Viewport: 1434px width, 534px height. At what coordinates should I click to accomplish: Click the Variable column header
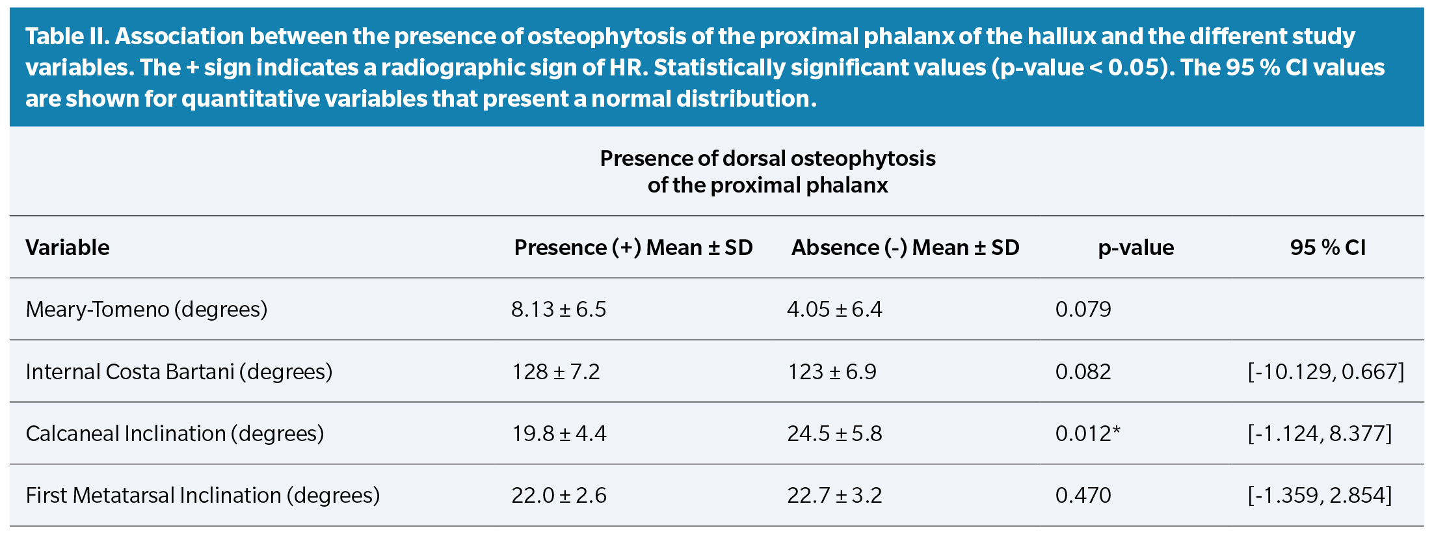[x=68, y=248]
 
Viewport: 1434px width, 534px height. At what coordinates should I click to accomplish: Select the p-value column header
[x=1135, y=248]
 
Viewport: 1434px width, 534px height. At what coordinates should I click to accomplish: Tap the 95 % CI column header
[x=1327, y=248]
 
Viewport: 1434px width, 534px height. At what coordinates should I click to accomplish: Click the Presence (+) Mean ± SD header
[x=633, y=248]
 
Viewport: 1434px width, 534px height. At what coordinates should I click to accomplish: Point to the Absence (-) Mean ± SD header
[x=905, y=248]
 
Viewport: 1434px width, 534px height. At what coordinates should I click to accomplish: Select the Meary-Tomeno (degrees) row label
[x=146, y=310]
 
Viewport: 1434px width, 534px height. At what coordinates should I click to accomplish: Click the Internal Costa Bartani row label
[x=179, y=372]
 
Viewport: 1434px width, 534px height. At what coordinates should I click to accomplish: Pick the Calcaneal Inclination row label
[x=174, y=434]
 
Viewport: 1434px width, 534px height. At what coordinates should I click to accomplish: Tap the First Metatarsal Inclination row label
[x=202, y=496]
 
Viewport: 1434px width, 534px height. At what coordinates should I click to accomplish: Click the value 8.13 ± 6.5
[x=558, y=310]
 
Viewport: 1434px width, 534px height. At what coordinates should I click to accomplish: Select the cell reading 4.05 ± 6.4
[x=834, y=310]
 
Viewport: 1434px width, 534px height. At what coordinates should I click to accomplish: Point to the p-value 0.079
[x=1083, y=310]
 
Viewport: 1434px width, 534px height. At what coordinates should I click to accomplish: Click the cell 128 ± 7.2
[x=556, y=372]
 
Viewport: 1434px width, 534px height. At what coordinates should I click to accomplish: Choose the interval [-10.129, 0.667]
[x=1325, y=372]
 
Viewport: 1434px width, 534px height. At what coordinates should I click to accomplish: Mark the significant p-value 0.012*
[x=1087, y=434]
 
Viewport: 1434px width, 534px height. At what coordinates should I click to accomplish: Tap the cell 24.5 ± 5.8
[x=834, y=434]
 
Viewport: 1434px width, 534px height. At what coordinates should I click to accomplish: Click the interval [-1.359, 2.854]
[x=1320, y=496]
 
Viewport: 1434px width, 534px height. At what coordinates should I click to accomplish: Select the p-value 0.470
[x=1083, y=496]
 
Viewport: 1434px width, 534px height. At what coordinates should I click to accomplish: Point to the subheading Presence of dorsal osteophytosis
[x=767, y=159]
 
